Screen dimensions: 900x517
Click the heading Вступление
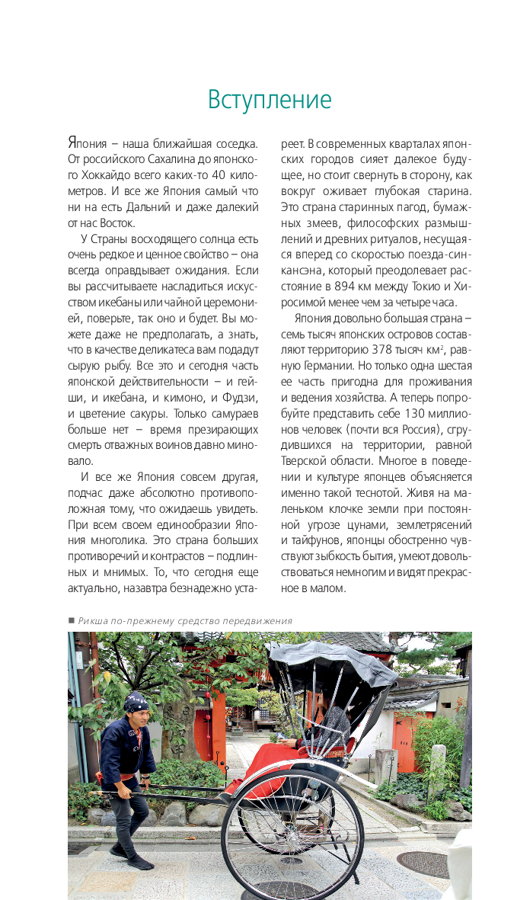point(270,101)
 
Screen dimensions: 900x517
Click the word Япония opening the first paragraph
point(86,143)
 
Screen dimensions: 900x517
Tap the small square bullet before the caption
point(71,620)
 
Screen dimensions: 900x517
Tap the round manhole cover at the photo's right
point(423,863)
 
